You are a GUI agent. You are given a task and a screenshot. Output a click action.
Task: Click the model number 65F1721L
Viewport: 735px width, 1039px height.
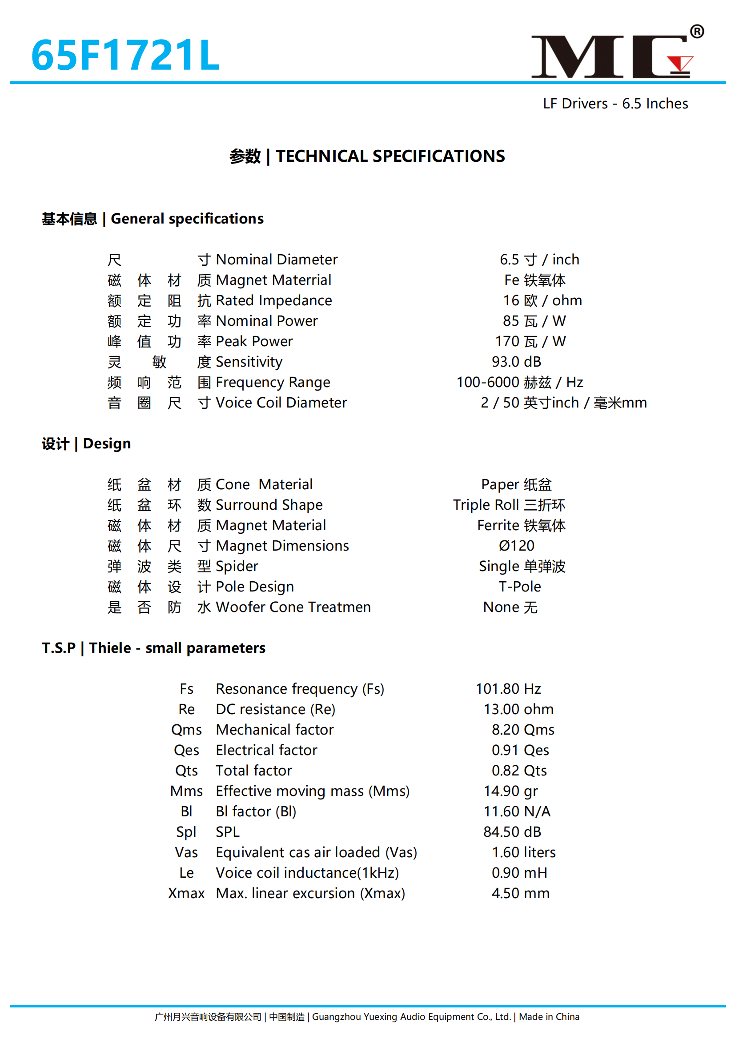[x=125, y=55]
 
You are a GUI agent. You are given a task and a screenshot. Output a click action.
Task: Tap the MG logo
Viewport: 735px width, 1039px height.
[x=611, y=56]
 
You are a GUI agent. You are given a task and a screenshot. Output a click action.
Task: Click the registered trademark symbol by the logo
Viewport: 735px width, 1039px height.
[x=696, y=31]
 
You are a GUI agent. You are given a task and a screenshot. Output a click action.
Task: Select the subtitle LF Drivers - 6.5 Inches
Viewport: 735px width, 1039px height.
[x=615, y=104]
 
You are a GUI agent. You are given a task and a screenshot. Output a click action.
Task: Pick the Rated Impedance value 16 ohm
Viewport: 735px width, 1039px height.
[x=542, y=300]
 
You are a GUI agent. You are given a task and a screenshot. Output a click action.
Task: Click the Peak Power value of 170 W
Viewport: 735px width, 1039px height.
[x=530, y=341]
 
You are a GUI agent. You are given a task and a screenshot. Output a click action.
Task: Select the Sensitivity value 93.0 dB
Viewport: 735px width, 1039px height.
[x=516, y=362]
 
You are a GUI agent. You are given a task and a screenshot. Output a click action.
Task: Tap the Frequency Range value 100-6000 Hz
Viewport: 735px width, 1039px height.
[x=519, y=382]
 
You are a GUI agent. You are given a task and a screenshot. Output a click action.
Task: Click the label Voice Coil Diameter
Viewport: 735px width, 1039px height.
[x=281, y=403]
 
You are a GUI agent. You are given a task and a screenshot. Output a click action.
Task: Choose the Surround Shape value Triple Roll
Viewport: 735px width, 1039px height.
[x=509, y=504]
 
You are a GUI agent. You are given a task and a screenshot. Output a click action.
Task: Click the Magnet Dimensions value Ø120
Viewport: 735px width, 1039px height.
[x=516, y=546]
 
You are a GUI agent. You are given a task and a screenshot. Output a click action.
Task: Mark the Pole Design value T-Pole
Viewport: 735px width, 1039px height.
[x=519, y=587]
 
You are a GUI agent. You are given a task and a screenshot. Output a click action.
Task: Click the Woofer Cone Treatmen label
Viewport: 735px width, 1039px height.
[x=293, y=607]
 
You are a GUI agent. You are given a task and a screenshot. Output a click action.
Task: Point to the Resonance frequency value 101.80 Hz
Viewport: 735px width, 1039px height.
[x=508, y=689]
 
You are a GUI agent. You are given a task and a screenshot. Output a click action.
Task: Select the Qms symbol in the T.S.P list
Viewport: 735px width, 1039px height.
[x=186, y=729]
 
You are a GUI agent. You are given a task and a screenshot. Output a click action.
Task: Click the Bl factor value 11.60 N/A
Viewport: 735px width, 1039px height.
[x=517, y=811]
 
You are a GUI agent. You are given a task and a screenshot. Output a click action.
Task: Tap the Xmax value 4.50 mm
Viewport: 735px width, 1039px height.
[x=520, y=893]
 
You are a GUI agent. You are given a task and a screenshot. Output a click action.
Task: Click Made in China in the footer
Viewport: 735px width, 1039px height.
[x=549, y=1017]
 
